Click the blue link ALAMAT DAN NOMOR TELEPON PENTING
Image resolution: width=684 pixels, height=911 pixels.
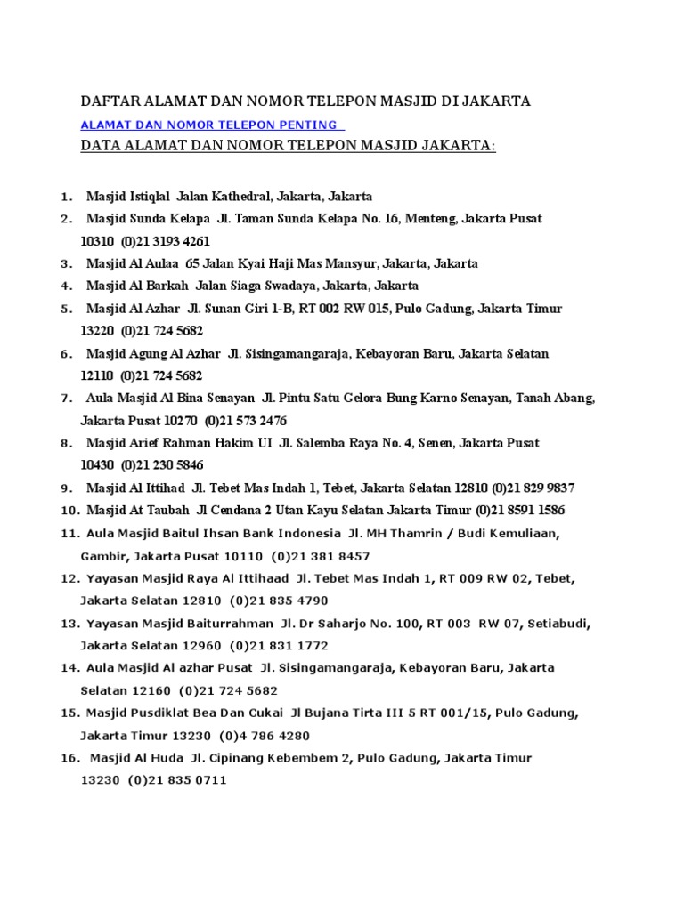point(209,125)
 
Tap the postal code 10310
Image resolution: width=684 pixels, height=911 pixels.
point(97,241)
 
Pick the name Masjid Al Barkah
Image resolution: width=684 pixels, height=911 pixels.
point(128,286)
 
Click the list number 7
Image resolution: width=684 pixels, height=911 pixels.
point(66,398)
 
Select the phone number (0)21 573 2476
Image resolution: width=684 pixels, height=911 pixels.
point(246,421)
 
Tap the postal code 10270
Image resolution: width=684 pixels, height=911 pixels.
point(179,421)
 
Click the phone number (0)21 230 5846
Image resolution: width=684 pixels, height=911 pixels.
point(161,465)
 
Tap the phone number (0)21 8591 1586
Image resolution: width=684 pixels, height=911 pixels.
point(520,511)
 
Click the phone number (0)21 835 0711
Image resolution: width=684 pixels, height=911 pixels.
point(178,780)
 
